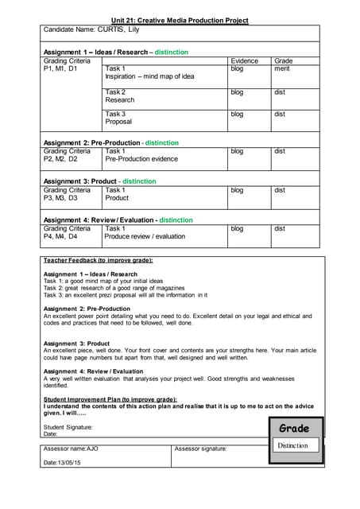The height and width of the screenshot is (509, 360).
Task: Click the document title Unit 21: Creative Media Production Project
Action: [180, 20]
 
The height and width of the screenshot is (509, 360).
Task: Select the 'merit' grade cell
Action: [281, 69]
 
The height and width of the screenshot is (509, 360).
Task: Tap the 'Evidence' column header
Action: [244, 60]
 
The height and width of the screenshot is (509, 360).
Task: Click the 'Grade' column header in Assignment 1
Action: [283, 60]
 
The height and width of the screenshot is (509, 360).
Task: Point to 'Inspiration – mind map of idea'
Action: [149, 77]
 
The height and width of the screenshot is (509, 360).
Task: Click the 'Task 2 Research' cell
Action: [120, 96]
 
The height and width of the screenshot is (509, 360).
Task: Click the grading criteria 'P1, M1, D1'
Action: [60, 69]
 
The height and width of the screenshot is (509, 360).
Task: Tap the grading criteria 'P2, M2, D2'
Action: [60, 159]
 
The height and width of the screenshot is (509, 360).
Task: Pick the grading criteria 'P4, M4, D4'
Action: [60, 236]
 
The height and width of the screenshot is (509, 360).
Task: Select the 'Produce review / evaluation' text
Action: [145, 236]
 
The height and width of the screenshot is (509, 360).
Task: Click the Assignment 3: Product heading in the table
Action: [99, 181]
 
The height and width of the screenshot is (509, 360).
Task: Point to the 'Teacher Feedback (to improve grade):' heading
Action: [98, 260]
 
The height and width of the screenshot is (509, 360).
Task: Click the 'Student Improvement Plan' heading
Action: [110, 399]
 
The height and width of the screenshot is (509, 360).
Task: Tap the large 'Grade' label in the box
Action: [293, 429]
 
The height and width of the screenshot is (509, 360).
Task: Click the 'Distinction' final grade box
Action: [292, 445]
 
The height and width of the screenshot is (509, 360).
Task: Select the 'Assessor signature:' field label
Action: [200, 449]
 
